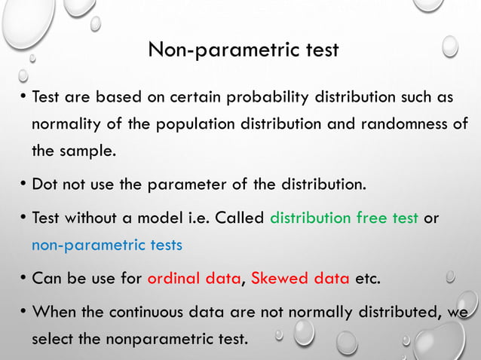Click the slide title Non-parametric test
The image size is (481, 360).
243,50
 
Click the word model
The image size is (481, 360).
160,218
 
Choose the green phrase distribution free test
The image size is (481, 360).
344,218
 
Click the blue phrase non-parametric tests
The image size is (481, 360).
107,245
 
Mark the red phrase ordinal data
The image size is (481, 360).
194,279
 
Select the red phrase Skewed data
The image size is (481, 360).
299,279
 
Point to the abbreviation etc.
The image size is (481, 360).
367,279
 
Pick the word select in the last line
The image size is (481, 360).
52,339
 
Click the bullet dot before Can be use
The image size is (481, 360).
23,279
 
